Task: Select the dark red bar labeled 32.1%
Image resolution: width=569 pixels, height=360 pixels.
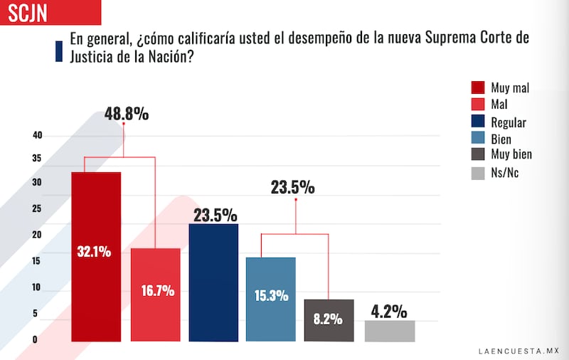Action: tap(95, 256)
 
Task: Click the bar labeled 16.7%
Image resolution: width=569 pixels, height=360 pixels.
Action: tap(155, 295)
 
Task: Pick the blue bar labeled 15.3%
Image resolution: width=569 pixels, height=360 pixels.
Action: tap(270, 299)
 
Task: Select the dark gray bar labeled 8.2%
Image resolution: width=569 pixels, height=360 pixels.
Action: tap(329, 320)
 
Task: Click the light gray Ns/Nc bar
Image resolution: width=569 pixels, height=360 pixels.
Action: tap(389, 331)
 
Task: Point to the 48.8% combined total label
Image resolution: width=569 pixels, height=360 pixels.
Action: tap(127, 113)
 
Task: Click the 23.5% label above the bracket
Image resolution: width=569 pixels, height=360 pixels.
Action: tap(292, 188)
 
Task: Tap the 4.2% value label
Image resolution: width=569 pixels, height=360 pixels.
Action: tap(389, 312)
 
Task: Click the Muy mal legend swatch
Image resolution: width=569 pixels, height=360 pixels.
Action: tap(478, 88)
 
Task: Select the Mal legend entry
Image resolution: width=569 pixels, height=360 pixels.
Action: tap(501, 105)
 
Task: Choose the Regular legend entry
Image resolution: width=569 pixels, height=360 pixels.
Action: tap(508, 122)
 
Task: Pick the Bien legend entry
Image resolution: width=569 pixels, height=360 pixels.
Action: tap(501, 139)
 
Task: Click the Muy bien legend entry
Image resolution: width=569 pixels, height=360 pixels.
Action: tap(511, 154)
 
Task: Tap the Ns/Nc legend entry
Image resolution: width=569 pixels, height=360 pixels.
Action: tap(504, 172)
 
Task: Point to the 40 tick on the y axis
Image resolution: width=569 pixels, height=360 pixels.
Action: tap(37, 135)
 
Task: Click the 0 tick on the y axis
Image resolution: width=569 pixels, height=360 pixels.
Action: tap(34, 339)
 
